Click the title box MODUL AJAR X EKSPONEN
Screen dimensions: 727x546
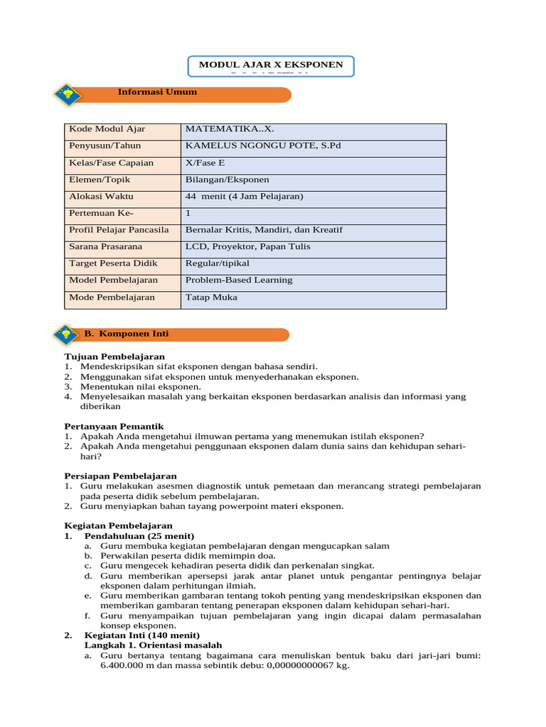tap(271, 65)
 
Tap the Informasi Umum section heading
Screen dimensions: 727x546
tap(157, 92)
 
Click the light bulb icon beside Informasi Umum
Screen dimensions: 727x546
tap(68, 95)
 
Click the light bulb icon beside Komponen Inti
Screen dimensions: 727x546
tap(67, 334)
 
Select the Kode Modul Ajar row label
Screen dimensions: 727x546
tap(107, 129)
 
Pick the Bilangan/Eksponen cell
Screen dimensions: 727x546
tap(227, 180)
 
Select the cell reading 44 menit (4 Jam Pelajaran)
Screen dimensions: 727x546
tap(244, 197)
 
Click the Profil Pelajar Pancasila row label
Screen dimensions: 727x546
tap(119, 230)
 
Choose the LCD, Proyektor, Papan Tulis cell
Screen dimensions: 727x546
tap(247, 247)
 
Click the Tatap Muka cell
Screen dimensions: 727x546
tap(211, 297)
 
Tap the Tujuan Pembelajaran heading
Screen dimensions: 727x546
tap(114, 356)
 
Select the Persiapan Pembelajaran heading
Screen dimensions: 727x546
tap(120, 476)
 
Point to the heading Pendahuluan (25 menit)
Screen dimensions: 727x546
tap(139, 535)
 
